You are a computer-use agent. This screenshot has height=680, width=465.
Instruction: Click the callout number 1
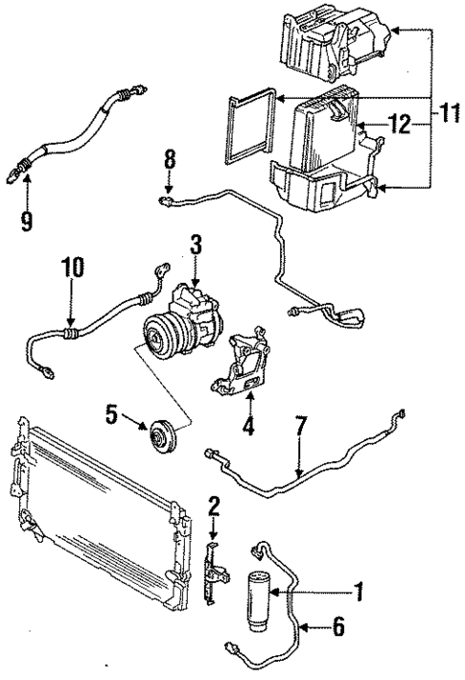coord(360,594)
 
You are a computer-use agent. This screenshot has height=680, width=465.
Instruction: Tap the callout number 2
coord(213,505)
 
